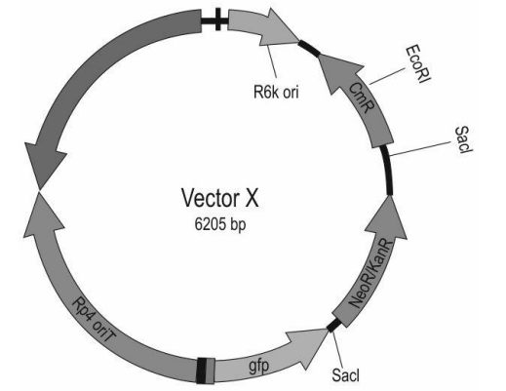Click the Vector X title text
pyautogui.click(x=220, y=198)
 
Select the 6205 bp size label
pyautogui.click(x=220, y=224)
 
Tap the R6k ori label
pyautogui.click(x=276, y=92)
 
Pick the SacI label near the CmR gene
pyautogui.click(x=463, y=139)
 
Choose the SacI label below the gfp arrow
pyautogui.click(x=346, y=375)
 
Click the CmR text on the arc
pyautogui.click(x=362, y=98)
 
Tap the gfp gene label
pyautogui.click(x=259, y=367)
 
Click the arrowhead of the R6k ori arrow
pyautogui.click(x=280, y=26)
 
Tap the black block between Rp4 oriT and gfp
pyautogui.click(x=202, y=371)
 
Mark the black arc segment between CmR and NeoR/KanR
pyautogui.click(x=388, y=170)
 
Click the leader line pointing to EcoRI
pyautogui.click(x=387, y=76)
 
